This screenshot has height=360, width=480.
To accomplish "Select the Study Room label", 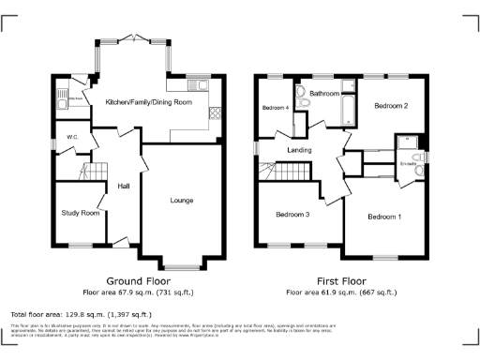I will point(81,213).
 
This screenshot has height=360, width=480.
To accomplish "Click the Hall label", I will point(123,187).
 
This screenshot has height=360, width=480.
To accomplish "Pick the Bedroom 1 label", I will point(384,217).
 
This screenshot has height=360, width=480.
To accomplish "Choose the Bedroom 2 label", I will point(391,107).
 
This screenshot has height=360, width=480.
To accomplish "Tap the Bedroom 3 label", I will point(292,215).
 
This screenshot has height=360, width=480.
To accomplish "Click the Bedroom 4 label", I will point(274,107).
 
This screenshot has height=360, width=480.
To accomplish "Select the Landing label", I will point(300,150).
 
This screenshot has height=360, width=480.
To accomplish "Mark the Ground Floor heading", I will point(137,280).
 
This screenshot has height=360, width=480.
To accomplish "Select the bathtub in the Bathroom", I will point(347,110).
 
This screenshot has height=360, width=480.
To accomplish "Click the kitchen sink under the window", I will point(198,82).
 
